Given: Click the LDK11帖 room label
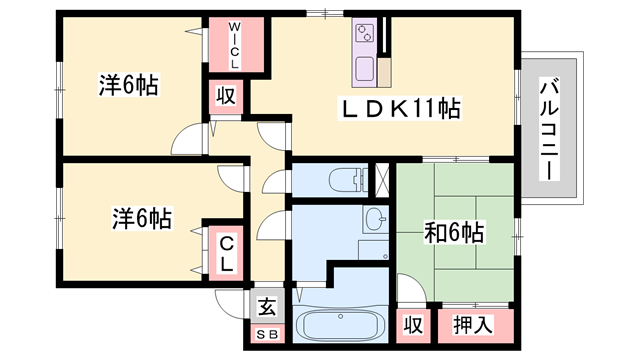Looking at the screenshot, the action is tap(400, 109).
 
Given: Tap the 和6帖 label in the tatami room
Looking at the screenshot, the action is tap(454, 233).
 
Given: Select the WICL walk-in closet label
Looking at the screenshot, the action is tap(234, 45).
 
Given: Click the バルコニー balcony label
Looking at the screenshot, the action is tap(549, 129).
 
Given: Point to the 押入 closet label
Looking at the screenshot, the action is tap(473, 325).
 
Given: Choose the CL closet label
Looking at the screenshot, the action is tap(227, 254).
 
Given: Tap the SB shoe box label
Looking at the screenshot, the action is tap(267, 335).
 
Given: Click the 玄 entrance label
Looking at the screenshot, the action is tap(267, 307).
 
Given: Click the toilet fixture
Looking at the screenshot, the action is tap(348, 180).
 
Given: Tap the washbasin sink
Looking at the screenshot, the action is tap(376, 219).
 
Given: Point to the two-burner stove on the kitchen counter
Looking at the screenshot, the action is tap(364, 33).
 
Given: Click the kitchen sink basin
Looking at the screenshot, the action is tap(364, 69).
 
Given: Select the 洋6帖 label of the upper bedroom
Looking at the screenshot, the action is tap(129, 85).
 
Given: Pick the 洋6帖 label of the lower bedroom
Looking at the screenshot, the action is tap(142, 218).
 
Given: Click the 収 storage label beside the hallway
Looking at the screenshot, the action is tap(226, 96).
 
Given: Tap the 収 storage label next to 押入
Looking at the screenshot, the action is tap(413, 325).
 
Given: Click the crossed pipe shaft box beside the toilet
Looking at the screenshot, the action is tap(382, 180).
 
